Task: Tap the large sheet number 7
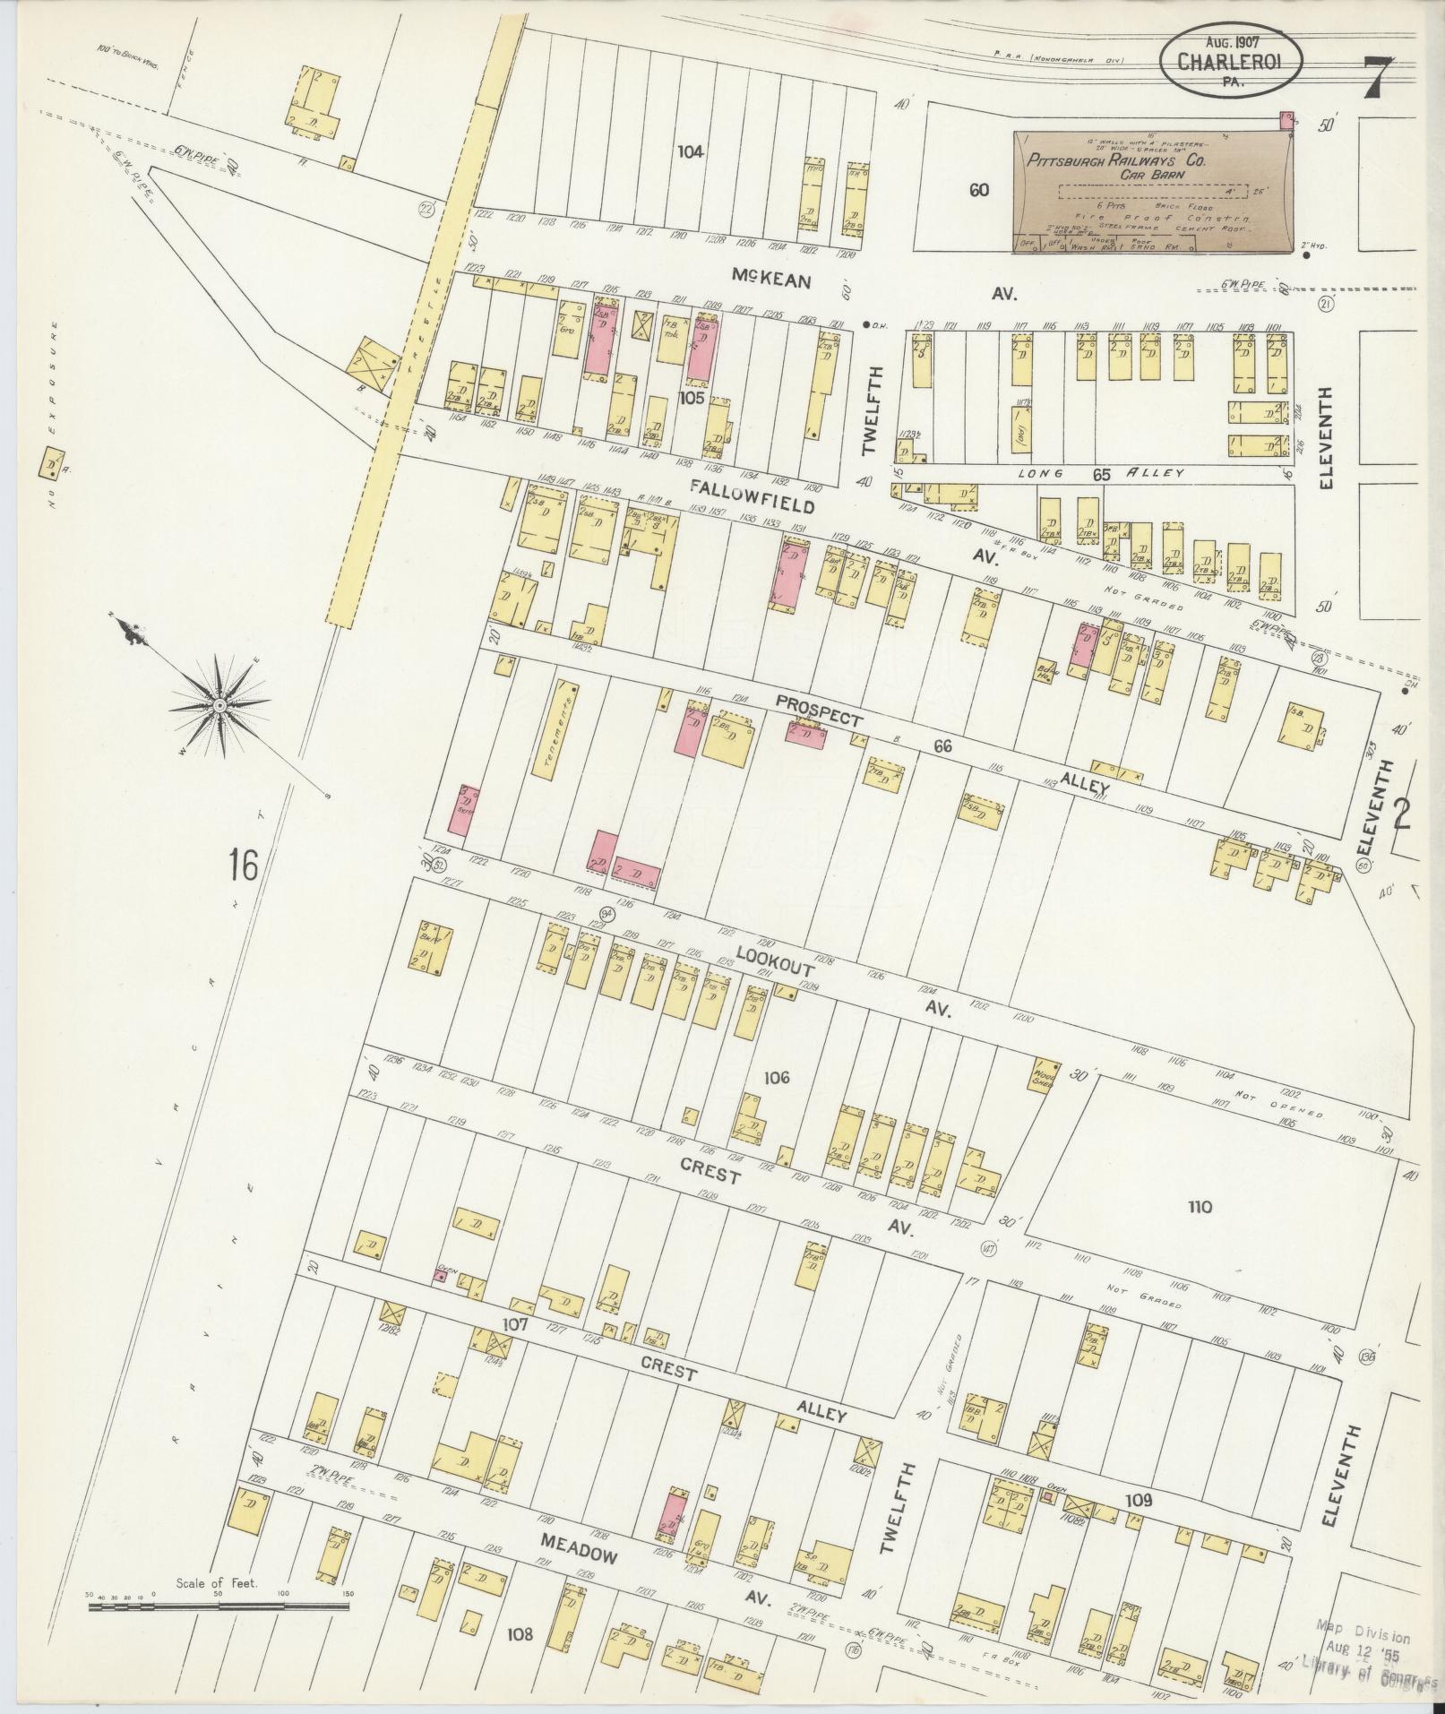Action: pyautogui.click(x=1378, y=79)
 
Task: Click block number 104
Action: pyautogui.click(x=690, y=151)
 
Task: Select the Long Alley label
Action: pyautogui.click(x=1100, y=473)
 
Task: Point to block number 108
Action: pyautogui.click(x=519, y=1634)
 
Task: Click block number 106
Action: pyautogui.click(x=776, y=1078)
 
